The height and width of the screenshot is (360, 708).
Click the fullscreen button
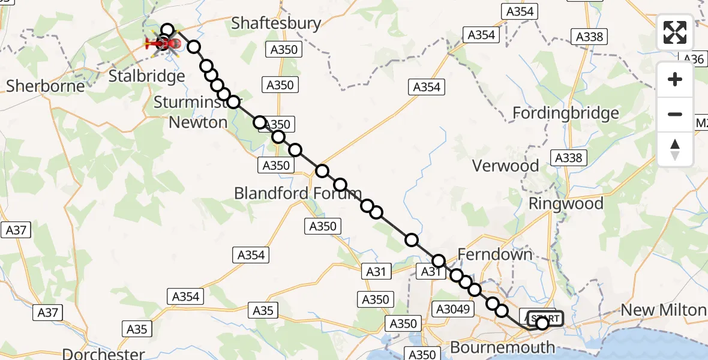pos(675,32)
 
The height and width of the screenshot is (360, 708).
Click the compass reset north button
pos(675,149)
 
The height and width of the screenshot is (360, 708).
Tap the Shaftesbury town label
pos(276,23)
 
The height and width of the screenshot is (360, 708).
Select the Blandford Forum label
pos(298,193)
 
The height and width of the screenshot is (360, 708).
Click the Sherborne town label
pos(46,86)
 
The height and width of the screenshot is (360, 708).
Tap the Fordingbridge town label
pos(566,113)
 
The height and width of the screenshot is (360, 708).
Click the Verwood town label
pos(505,166)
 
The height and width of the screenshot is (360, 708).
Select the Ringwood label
pos(566,203)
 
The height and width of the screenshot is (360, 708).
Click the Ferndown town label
pos(495,254)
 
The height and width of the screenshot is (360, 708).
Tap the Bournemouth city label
pos(502,347)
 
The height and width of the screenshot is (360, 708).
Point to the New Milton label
pos(663,310)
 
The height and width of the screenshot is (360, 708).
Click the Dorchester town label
pos(103,353)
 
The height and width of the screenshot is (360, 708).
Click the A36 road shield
pos(694,59)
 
